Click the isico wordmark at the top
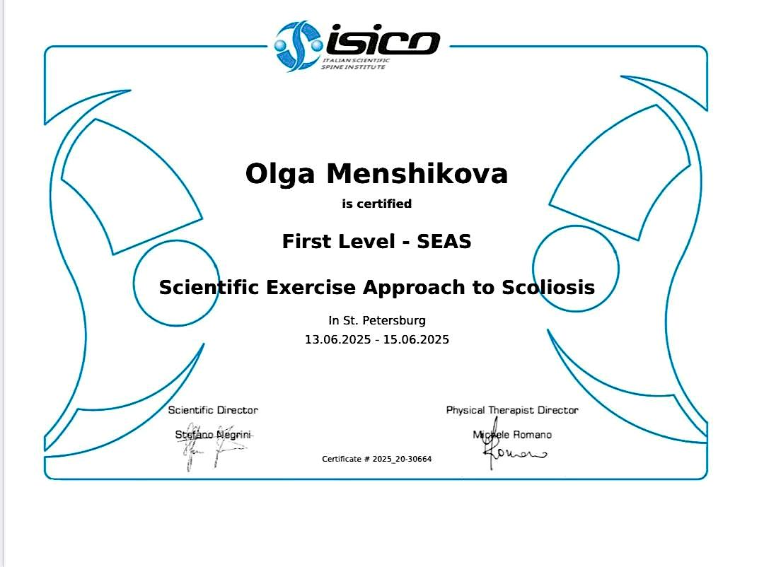[383, 40]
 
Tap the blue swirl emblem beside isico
[299, 46]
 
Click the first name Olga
[280, 175]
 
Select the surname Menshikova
[417, 173]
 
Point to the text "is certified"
[376, 204]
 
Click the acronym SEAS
[444, 242]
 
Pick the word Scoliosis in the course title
[548, 287]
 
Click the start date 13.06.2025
[337, 339]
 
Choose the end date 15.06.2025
[416, 339]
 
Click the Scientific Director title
[213, 410]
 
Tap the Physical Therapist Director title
[512, 410]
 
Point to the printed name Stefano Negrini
[213, 435]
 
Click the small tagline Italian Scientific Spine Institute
[356, 64]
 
